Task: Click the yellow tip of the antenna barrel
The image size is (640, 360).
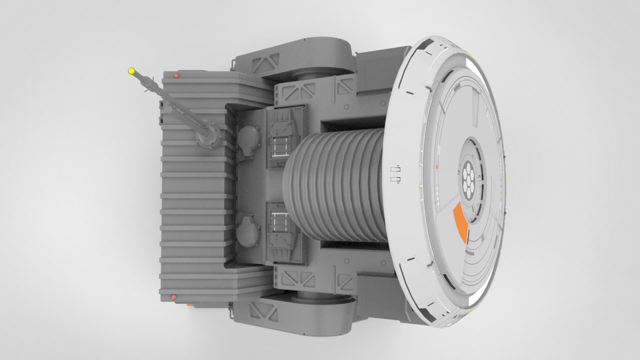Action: pos(131,71)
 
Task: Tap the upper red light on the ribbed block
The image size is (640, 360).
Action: pos(176,76)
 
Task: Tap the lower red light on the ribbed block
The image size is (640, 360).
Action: pos(173,297)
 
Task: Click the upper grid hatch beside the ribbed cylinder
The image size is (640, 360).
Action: pos(280,147)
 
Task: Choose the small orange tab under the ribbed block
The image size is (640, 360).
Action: pos(189,304)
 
